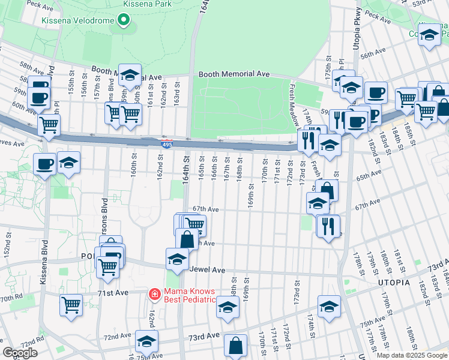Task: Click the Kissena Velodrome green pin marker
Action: click(124, 21)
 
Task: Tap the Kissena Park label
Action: click(146, 4)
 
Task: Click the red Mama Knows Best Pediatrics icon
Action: click(154, 293)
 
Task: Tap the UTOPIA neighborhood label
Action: click(394, 282)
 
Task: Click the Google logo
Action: click(20, 353)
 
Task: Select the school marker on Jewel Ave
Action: click(177, 259)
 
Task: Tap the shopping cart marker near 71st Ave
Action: click(71, 305)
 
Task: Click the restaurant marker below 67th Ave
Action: click(328, 226)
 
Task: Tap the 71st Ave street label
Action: click(114, 292)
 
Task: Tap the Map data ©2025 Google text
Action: click(411, 355)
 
